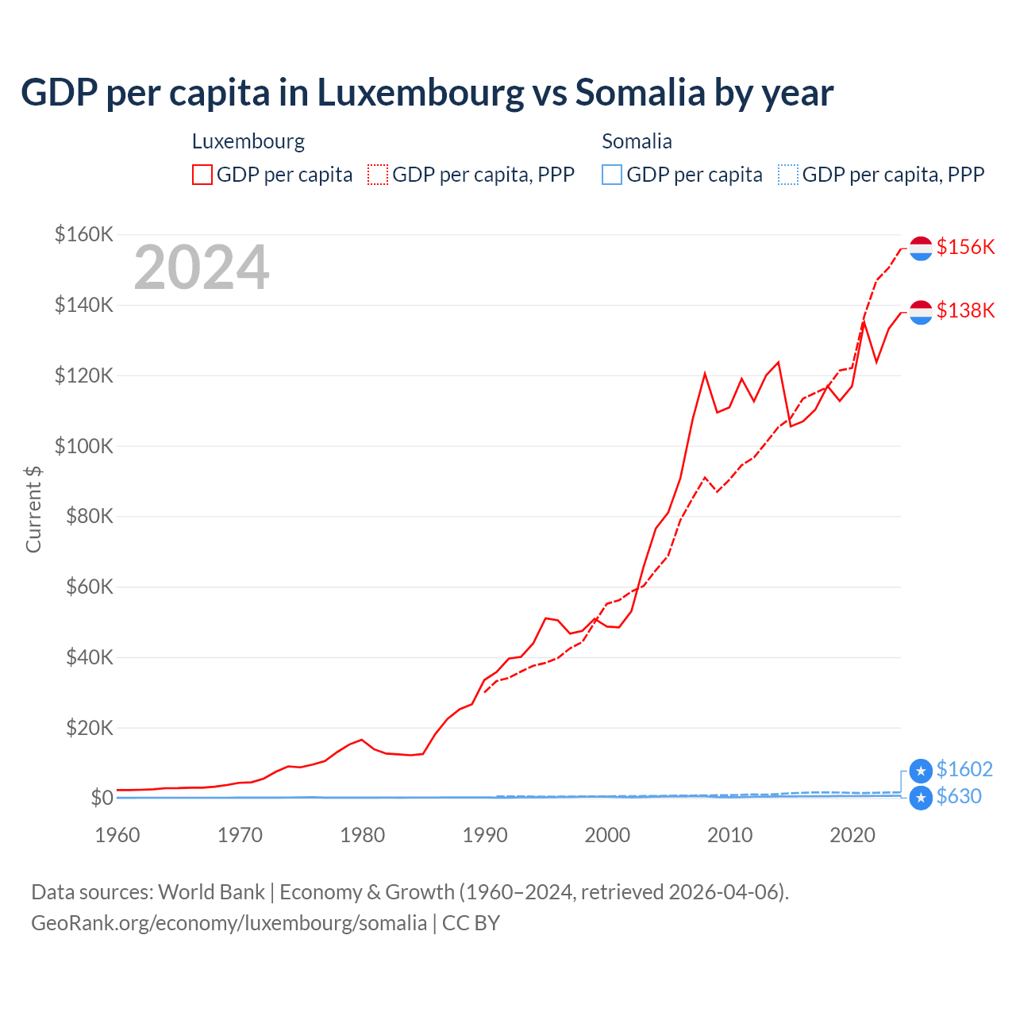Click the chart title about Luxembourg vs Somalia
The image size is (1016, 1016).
(427, 93)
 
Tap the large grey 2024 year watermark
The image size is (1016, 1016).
(202, 268)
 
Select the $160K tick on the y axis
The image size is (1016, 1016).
(84, 234)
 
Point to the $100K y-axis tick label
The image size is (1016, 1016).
(84, 446)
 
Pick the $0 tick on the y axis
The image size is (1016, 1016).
(102, 798)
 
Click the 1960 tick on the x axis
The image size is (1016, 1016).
(117, 835)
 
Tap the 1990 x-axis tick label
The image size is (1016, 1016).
(485, 835)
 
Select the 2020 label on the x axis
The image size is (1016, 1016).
(852, 835)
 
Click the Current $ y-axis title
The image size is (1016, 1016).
(33, 510)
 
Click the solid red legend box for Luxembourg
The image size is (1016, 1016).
(202, 175)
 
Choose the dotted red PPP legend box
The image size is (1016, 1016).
(378, 175)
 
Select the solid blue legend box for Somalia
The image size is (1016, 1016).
(612, 175)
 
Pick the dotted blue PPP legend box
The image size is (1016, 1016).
(788, 175)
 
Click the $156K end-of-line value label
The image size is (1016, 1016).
(965, 247)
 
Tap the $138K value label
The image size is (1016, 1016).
(965, 310)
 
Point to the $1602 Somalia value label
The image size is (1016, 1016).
(964, 769)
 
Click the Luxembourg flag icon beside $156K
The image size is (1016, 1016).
(921, 248)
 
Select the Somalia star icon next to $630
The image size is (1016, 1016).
(921, 798)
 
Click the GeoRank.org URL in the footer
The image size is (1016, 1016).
(229, 923)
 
